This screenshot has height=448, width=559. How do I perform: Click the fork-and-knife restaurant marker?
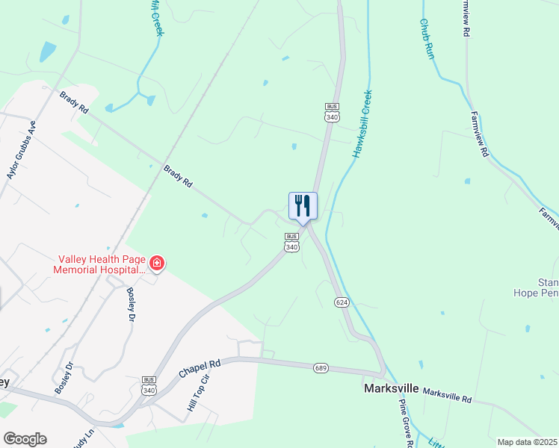pyautogui.click(x=303, y=205)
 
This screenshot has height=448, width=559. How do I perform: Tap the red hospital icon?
pyautogui.click(x=157, y=263)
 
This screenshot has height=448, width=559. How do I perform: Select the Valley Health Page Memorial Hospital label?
pyautogui.click(x=99, y=264)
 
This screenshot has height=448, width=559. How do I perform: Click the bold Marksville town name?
pyautogui.click(x=391, y=389)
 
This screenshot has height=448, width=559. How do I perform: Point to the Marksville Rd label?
pyautogui.click(x=448, y=395)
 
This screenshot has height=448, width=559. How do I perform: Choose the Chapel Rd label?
pyautogui.click(x=200, y=368)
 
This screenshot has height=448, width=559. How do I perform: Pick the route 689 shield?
pyautogui.click(x=321, y=367)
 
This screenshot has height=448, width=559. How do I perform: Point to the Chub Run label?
pyautogui.click(x=427, y=40)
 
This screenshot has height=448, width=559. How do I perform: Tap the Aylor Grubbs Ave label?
pyautogui.click(x=22, y=149)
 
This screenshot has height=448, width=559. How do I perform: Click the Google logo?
pyautogui.click(x=25, y=438)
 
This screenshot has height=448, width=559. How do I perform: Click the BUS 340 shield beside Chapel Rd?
pyautogui.click(x=149, y=385)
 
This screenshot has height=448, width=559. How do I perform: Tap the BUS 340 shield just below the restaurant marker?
pyautogui.click(x=291, y=243)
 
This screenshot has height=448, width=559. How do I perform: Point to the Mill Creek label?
pyautogui.click(x=156, y=17)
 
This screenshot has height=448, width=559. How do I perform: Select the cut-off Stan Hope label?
pyautogui.click(x=548, y=287)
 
